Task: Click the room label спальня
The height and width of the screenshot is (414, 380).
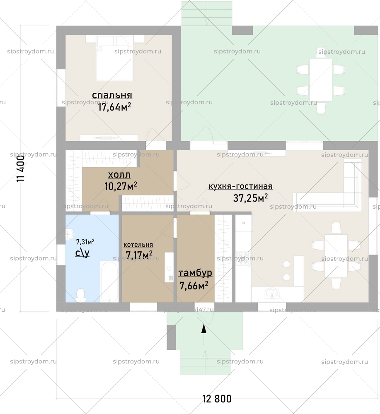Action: (112, 96)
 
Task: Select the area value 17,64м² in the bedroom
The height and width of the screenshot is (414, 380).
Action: (114, 107)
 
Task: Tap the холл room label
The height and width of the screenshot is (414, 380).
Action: (119, 174)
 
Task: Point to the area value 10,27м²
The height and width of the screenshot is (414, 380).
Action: (121, 186)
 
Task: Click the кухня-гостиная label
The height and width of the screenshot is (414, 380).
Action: (240, 186)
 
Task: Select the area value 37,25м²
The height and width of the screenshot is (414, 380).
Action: (250, 198)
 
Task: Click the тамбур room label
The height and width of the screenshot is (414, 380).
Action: (195, 273)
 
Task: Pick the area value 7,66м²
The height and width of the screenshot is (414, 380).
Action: (194, 285)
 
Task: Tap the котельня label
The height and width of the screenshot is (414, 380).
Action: (138, 245)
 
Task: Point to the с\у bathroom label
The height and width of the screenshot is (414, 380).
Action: (82, 253)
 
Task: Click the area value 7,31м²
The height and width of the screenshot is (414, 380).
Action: (85, 241)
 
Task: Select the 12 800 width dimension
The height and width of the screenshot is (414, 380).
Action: (217, 399)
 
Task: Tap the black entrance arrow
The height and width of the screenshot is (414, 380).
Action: (203, 329)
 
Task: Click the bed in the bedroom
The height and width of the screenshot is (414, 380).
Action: (115, 58)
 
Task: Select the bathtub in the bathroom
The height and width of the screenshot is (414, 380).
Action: (110, 281)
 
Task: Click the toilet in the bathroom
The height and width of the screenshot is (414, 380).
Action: (80, 294)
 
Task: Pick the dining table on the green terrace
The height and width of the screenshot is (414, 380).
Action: (321, 80)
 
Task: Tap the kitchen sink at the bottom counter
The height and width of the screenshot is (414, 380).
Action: (273, 294)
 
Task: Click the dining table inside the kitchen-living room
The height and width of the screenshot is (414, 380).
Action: (336, 255)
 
